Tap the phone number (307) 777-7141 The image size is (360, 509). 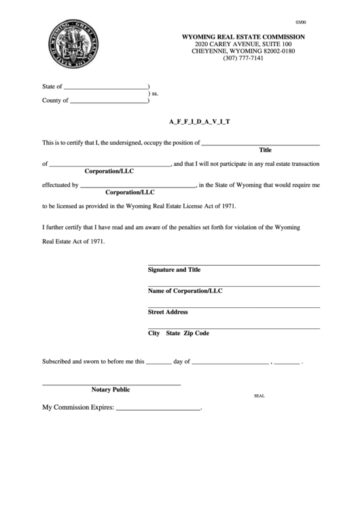point(242,58)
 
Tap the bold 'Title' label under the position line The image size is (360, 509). point(266,150)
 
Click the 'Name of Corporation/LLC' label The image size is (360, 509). point(185,291)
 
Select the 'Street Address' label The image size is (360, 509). point(168,312)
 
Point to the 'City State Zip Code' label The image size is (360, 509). point(179,334)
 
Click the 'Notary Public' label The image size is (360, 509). point(111,390)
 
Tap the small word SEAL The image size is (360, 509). point(259,395)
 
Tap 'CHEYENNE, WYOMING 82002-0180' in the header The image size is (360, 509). point(242,51)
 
